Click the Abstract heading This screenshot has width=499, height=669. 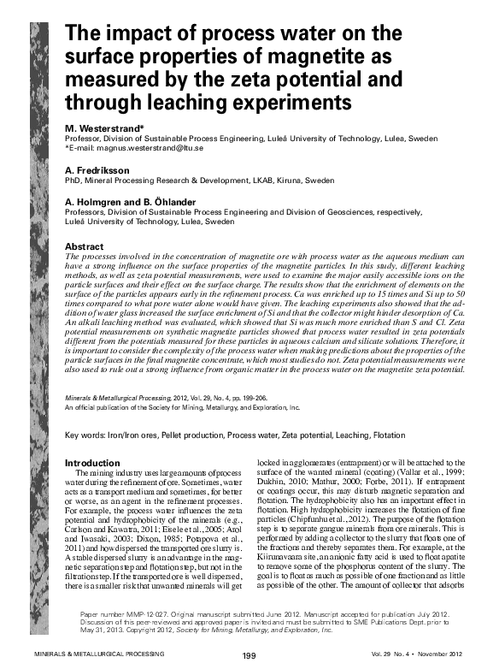[x=85, y=246]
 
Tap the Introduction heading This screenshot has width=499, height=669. [x=96, y=463]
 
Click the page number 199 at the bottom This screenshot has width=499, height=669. [x=249, y=655]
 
